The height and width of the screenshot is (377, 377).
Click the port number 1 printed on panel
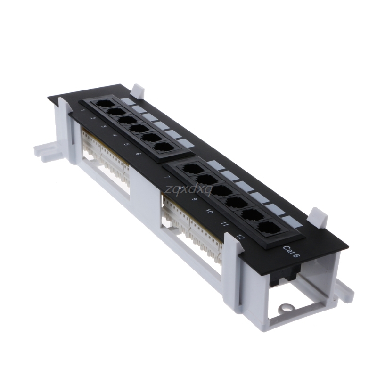click(x=83, y=110)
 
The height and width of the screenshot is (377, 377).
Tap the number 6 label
click(x=138, y=154)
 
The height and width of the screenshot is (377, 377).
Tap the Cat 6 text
click(x=288, y=252)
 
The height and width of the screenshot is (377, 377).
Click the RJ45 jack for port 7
click(x=192, y=168)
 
